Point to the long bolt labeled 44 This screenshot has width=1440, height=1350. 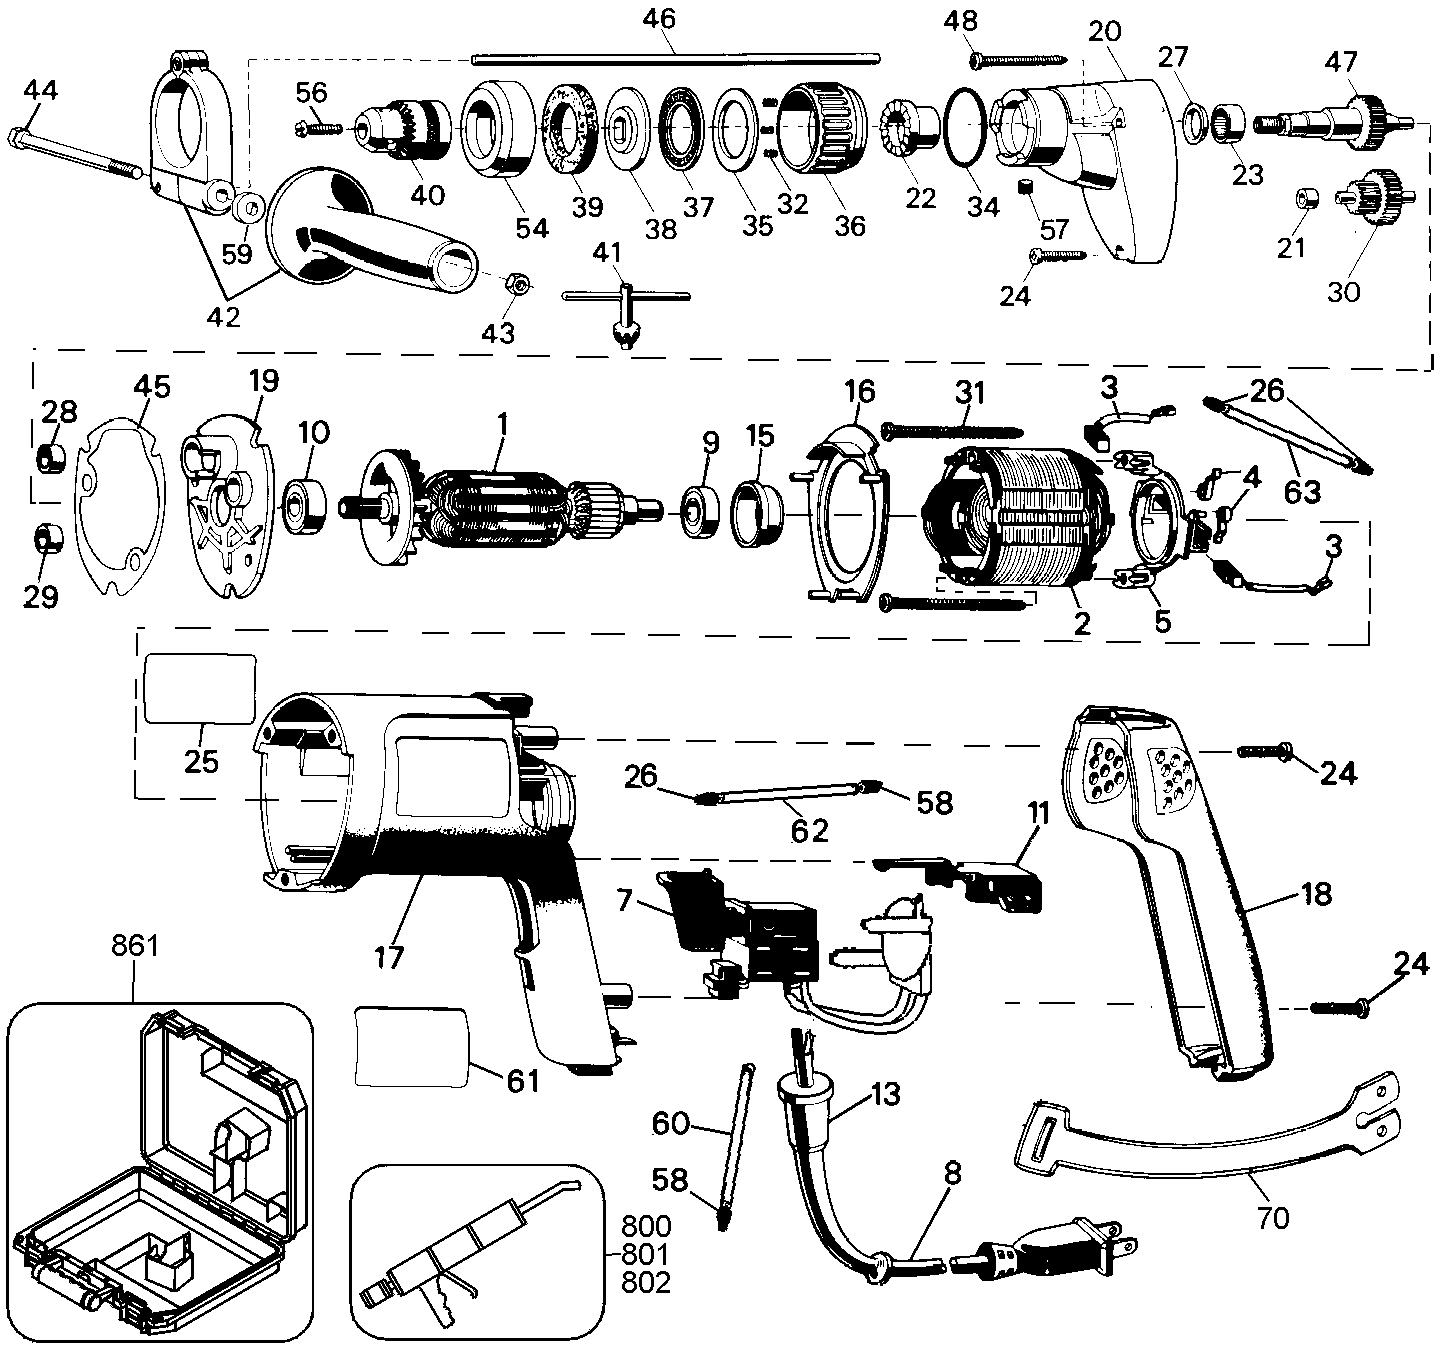tap(75, 152)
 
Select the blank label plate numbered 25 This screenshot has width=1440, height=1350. tap(200, 688)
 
